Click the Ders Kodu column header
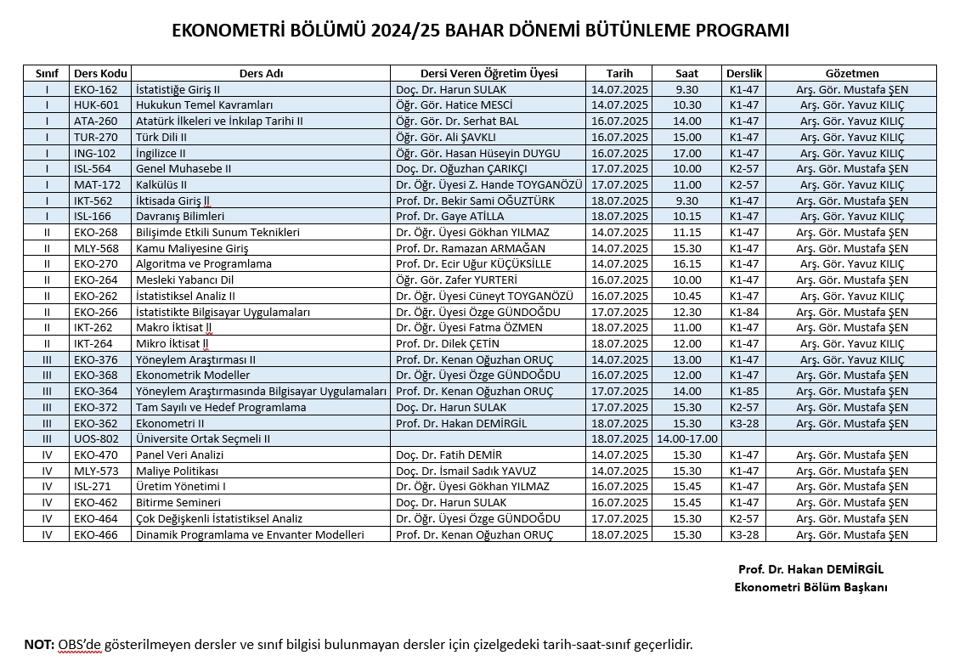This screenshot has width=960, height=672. [100, 73]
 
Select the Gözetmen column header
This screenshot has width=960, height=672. [851, 73]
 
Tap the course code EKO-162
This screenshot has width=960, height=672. [95, 89]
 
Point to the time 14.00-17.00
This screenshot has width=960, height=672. [686, 439]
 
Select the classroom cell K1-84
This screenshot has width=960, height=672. [743, 312]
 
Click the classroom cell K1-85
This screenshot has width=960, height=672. [743, 392]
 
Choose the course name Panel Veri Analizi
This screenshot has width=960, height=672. [179, 455]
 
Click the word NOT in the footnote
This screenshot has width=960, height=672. [39, 644]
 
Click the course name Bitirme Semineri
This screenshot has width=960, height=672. [178, 503]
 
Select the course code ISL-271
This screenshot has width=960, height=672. [95, 487]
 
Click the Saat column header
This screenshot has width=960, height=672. [686, 73]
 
